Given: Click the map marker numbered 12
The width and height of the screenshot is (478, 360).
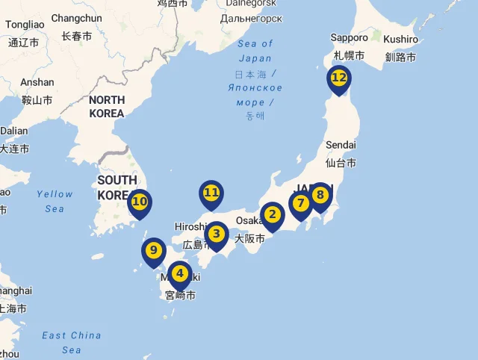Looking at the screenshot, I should click(338, 78).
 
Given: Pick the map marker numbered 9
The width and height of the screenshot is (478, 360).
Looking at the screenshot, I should click(153, 251).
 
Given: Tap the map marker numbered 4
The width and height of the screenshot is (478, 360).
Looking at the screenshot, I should click(179, 274).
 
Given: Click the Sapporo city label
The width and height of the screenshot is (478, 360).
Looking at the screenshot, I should click(350, 37).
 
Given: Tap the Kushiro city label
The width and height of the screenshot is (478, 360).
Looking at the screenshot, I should click(401, 39).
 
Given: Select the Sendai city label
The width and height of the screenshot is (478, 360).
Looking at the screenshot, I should click(341, 144).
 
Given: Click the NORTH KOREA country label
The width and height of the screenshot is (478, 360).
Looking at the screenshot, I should click(106, 107).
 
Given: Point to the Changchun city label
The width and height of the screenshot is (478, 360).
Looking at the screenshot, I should click(76, 18).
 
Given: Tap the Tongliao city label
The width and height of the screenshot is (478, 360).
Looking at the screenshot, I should click(25, 25).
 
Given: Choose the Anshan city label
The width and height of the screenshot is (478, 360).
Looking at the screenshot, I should click(37, 82).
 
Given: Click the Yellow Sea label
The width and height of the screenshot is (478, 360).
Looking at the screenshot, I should click(55, 201).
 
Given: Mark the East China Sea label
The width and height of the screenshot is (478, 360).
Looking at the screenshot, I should click(72, 342).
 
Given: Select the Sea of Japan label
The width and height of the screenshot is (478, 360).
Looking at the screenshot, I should click(255, 51).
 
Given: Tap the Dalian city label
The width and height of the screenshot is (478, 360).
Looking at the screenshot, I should click(13, 131).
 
